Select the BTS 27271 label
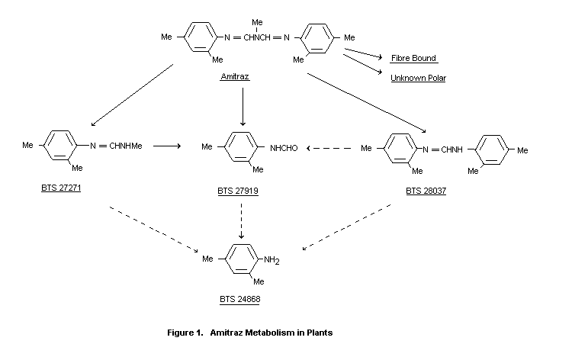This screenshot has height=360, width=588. click(x=61, y=187)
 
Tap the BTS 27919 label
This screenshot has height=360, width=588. click(x=237, y=191)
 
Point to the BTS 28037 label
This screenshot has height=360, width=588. click(x=426, y=191)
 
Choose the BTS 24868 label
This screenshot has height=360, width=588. click(x=241, y=300)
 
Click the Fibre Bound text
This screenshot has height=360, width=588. click(x=413, y=58)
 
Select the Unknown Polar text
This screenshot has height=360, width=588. click(x=418, y=78)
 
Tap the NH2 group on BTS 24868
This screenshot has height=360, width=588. click(x=272, y=261)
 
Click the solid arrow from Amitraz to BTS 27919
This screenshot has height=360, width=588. click(x=243, y=107)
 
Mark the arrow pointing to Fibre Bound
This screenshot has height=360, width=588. click(x=363, y=55)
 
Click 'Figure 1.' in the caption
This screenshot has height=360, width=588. click(x=185, y=333)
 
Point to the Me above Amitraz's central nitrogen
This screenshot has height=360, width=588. click(x=258, y=23)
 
